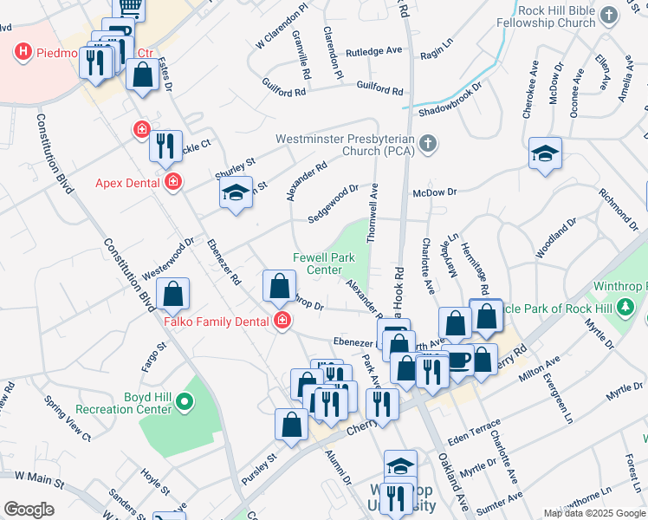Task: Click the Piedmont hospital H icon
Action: point(23,53)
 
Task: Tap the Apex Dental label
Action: point(127,183)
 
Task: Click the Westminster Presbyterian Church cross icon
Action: point(426,145)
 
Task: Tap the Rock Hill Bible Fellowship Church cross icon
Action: point(608,16)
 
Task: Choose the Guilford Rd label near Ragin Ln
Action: point(380,90)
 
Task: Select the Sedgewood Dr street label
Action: point(334,203)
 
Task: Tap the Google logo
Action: point(29,509)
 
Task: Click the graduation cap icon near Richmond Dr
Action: point(546,155)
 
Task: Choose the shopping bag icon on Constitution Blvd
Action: point(174,295)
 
